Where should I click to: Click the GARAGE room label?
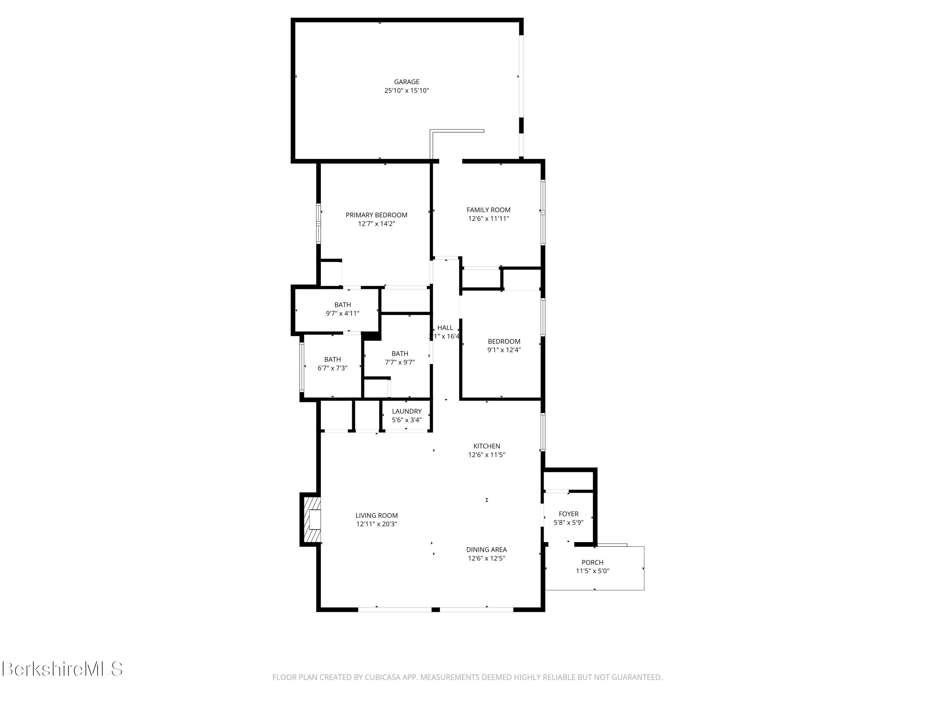[407, 82]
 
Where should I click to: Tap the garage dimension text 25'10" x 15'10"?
[407, 90]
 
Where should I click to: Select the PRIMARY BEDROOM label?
[376, 215]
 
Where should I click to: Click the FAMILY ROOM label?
[488, 210]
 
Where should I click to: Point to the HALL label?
[445, 327]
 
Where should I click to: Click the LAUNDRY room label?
[407, 411]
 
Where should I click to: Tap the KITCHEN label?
[487, 446]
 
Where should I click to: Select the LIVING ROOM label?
[376, 516]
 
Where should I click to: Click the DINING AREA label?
[487, 550]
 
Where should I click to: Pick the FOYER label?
[568, 514]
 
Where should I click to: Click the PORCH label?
[592, 562]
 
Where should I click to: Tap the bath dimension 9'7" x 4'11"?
[343, 313]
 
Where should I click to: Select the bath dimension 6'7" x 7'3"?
[332, 368]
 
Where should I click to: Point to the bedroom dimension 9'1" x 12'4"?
[504, 350]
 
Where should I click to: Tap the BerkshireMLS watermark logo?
[62, 669]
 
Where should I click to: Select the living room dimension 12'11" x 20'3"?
[376, 524]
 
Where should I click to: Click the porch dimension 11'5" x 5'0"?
[592, 571]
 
